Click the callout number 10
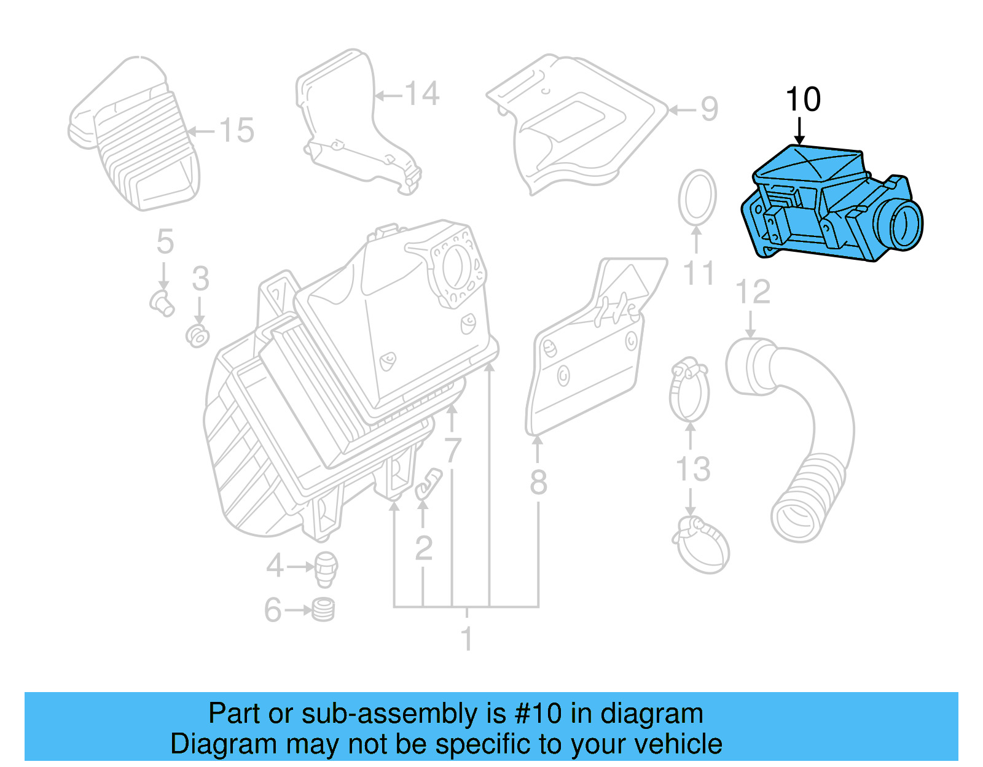(x=803, y=99)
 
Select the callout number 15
(x=237, y=131)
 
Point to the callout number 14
(x=422, y=95)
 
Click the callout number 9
(x=709, y=109)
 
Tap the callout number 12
(x=753, y=292)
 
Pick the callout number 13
(x=693, y=469)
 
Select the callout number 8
(x=538, y=483)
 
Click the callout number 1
(x=467, y=639)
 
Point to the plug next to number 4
(x=326, y=567)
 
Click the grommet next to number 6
(x=323, y=610)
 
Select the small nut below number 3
(x=198, y=336)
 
